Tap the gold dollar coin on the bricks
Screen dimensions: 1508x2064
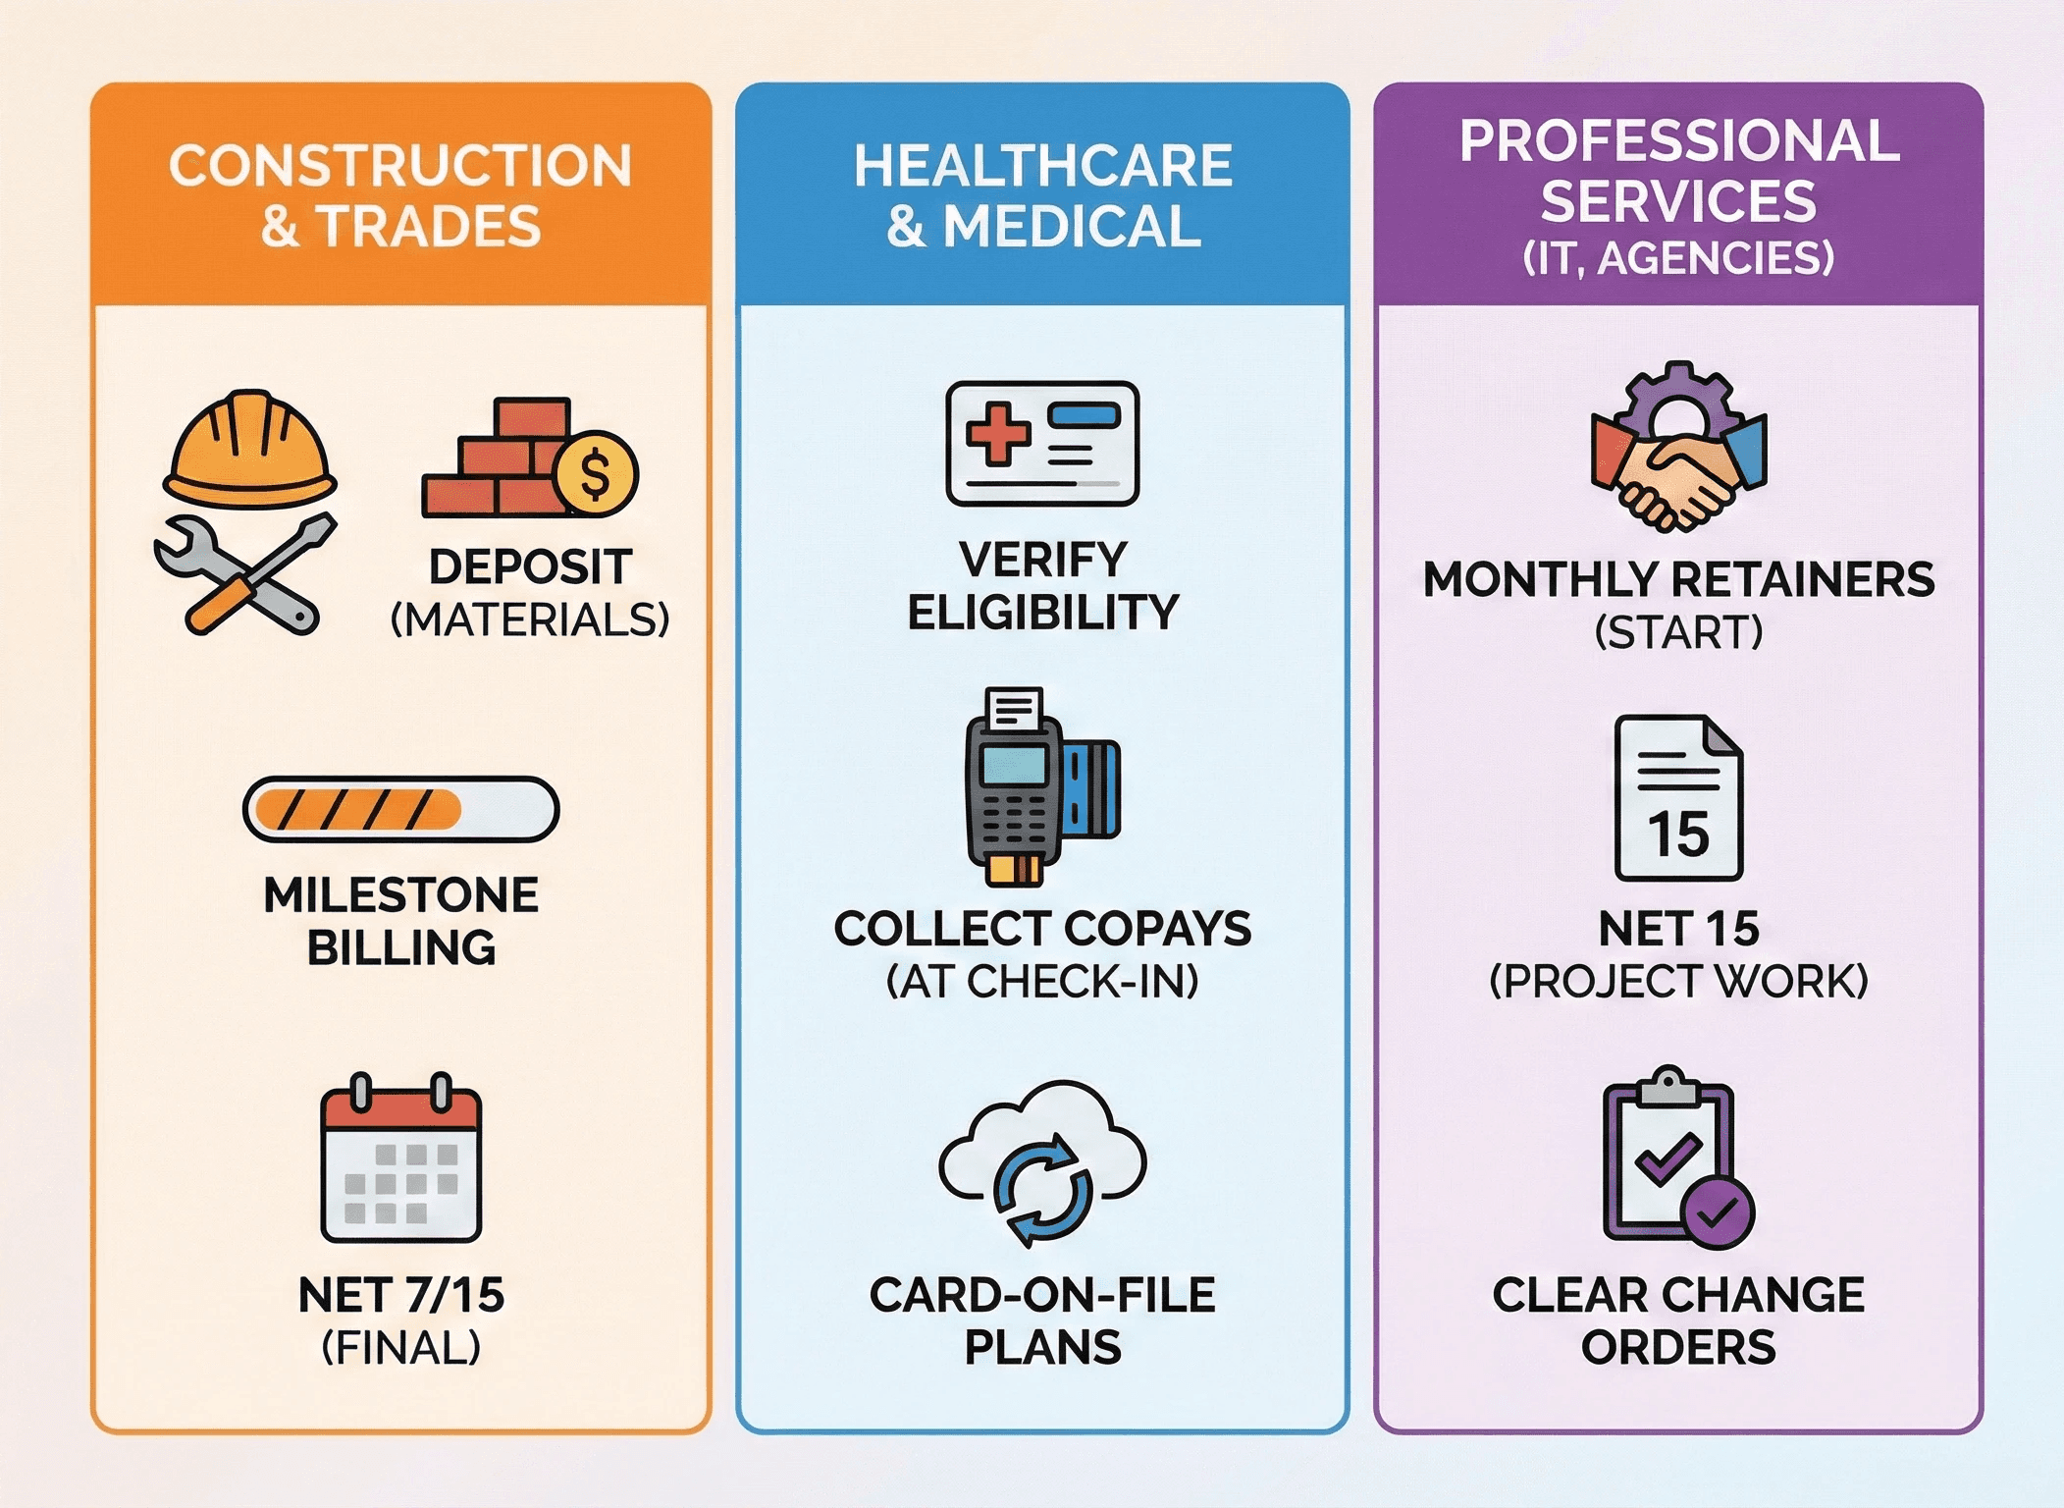point(595,474)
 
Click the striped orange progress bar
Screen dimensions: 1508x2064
point(400,809)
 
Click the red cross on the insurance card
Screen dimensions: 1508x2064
point(997,432)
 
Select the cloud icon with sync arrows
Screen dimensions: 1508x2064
point(1042,1163)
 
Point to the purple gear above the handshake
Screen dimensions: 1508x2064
point(1678,398)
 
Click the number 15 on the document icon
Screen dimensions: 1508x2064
point(1678,835)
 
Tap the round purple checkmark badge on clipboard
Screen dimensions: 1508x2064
point(1718,1213)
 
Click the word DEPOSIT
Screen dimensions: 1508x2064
point(530,567)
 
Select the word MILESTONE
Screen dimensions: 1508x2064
point(400,895)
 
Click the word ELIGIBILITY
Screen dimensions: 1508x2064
point(1042,613)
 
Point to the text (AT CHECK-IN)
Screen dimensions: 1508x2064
point(1042,981)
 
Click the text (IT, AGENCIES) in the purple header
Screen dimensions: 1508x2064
point(1678,258)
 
